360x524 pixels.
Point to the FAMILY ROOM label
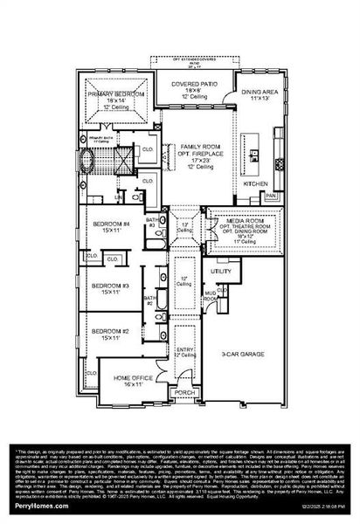tap(198, 148)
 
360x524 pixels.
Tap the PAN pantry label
tap(271, 196)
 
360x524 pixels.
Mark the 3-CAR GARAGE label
tap(244, 355)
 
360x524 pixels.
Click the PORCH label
tap(183, 392)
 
